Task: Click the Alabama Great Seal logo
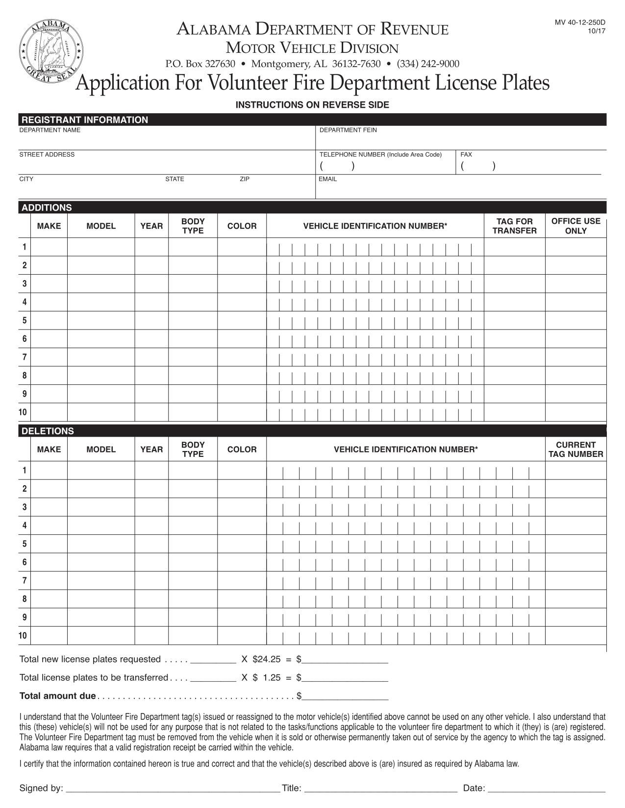51,51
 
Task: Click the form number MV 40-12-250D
580,23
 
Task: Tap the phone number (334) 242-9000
428,64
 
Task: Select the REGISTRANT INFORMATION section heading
84,120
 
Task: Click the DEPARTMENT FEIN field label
348,130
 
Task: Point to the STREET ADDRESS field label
47,155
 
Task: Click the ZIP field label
244,179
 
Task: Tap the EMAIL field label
327,179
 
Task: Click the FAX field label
466,155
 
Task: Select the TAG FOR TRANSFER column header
514,226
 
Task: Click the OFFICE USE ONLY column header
575,226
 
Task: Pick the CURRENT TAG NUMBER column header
575,450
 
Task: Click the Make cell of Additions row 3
49,284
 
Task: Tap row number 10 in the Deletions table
23,636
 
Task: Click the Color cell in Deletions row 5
242,544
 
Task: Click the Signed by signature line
172,787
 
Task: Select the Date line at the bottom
547,787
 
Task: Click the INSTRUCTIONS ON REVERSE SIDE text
312,105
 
